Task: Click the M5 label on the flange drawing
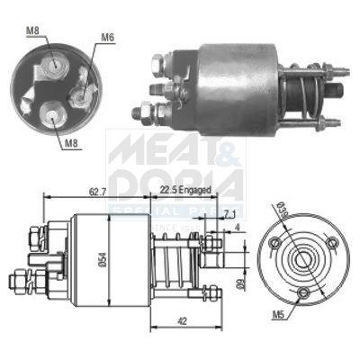[x=256, y=317]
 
